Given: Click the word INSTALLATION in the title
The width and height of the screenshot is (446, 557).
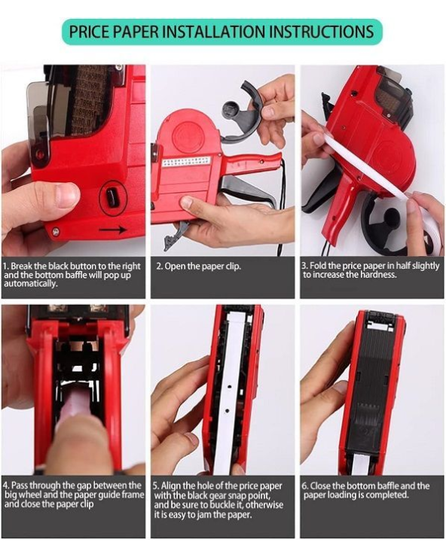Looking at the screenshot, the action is click(214, 32).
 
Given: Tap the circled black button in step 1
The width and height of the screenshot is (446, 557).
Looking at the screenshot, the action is click(112, 196).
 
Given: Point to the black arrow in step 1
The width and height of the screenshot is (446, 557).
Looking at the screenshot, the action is click(113, 229).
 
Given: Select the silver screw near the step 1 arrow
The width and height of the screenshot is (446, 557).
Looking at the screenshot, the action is click(56, 232).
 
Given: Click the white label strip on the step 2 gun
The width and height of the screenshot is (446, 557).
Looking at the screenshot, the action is click(186, 162).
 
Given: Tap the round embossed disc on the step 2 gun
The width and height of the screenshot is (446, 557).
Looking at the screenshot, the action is click(188, 135).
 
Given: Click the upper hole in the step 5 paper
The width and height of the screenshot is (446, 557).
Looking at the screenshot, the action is click(229, 386).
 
